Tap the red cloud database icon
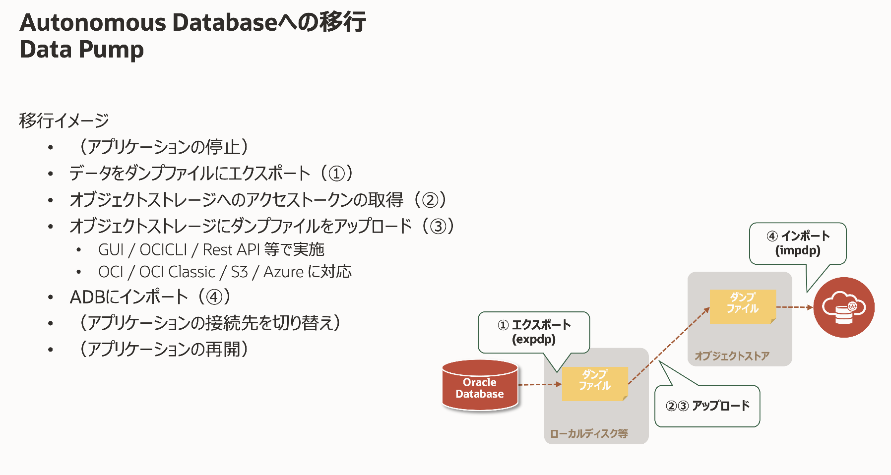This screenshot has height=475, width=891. click(x=843, y=307)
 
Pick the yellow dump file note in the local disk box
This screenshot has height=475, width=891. click(x=594, y=383)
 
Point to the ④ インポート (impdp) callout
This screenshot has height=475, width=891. click(x=798, y=243)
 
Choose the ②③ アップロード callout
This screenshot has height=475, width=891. click(x=707, y=406)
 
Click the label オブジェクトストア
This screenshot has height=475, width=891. click(x=732, y=356)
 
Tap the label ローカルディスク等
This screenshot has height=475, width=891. click(x=589, y=433)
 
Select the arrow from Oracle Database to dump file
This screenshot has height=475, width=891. click(x=540, y=384)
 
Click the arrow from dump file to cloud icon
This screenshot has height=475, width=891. click(x=795, y=307)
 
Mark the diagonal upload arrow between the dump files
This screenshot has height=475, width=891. click(x=669, y=346)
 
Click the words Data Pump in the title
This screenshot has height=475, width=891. click(x=82, y=50)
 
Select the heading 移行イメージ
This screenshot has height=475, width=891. click(x=64, y=120)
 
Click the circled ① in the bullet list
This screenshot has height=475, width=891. click(x=337, y=174)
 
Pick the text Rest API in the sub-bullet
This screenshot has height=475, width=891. click(x=231, y=250)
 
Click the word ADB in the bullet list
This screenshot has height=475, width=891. click(x=88, y=297)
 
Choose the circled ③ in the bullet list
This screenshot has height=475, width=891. click(x=438, y=227)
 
